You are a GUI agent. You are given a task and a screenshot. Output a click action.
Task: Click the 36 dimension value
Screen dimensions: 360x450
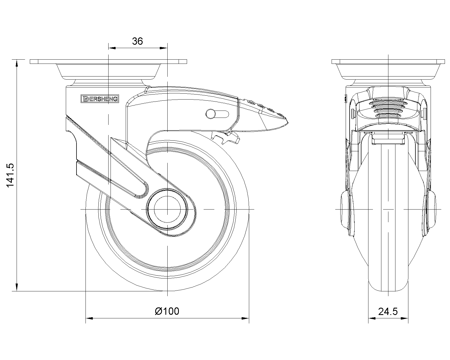click(x=138, y=41)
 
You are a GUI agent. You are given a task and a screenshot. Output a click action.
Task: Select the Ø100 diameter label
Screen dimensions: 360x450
click(x=167, y=311)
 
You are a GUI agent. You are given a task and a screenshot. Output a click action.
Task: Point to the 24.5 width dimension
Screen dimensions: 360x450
click(x=388, y=311)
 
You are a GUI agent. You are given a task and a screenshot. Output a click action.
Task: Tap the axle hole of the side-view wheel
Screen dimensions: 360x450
click(x=167, y=209)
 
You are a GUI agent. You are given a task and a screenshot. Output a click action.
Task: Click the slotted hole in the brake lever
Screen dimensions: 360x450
click(x=217, y=114)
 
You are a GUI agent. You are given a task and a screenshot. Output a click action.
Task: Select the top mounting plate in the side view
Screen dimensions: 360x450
click(x=108, y=62)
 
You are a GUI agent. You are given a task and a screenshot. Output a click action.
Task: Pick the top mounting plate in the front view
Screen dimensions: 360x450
click(x=388, y=62)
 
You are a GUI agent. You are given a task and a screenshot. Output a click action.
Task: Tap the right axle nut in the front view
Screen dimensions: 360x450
click(x=430, y=209)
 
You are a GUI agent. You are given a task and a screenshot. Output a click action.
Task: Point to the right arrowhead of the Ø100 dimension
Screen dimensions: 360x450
click(x=246, y=318)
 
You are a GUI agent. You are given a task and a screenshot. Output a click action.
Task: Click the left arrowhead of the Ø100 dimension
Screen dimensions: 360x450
click(x=89, y=318)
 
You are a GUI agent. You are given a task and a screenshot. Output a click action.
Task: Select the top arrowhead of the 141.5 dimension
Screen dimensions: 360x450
click(x=17, y=63)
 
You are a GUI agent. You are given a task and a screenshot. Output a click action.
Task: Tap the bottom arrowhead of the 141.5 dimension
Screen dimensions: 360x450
click(x=17, y=287)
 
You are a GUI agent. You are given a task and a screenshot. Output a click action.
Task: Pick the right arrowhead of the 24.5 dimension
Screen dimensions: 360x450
click(x=405, y=318)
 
